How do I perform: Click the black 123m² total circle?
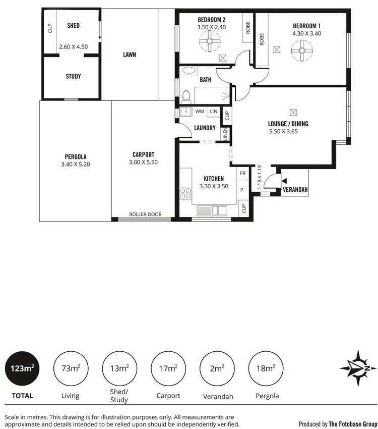click(22, 368)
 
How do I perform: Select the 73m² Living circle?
click(71, 368)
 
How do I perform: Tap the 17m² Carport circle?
click(168, 368)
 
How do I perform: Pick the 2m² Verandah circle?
click(217, 368)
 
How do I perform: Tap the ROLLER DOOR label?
click(145, 215)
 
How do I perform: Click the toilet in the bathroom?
click(186, 96)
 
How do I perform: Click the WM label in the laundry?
click(200, 111)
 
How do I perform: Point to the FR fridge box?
click(242, 174)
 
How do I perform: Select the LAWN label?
click(130, 55)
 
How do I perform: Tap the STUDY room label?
click(73, 77)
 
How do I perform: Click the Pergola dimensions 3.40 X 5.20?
click(75, 164)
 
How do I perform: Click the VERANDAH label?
click(295, 190)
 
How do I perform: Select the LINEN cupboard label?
click(225, 134)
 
